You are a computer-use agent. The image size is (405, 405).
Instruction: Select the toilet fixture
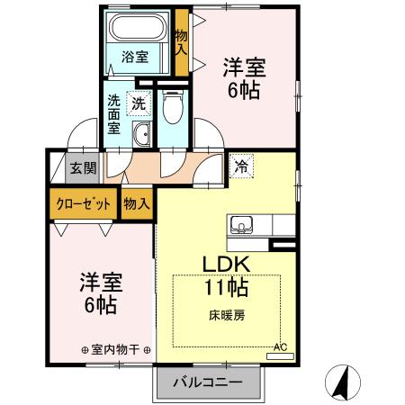pyautogui.click(x=173, y=109)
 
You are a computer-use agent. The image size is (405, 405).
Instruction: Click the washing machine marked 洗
pyautogui.click(x=139, y=103)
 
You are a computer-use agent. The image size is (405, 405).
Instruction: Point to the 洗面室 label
pyautogui.click(x=115, y=113)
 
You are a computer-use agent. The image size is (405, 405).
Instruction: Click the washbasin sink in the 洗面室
pyautogui.click(x=141, y=136)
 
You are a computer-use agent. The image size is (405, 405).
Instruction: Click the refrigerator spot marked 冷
pyautogui.click(x=241, y=166)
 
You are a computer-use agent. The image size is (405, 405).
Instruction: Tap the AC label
pyautogui.click(x=280, y=346)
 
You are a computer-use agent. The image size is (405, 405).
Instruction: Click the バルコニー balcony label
pyautogui.click(x=208, y=381)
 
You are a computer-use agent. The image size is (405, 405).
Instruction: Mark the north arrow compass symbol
pyautogui.click(x=343, y=382)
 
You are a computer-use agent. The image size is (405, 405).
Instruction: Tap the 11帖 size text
pyautogui.click(x=226, y=289)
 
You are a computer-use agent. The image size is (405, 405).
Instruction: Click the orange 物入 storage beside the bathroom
pyautogui.click(x=181, y=41)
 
